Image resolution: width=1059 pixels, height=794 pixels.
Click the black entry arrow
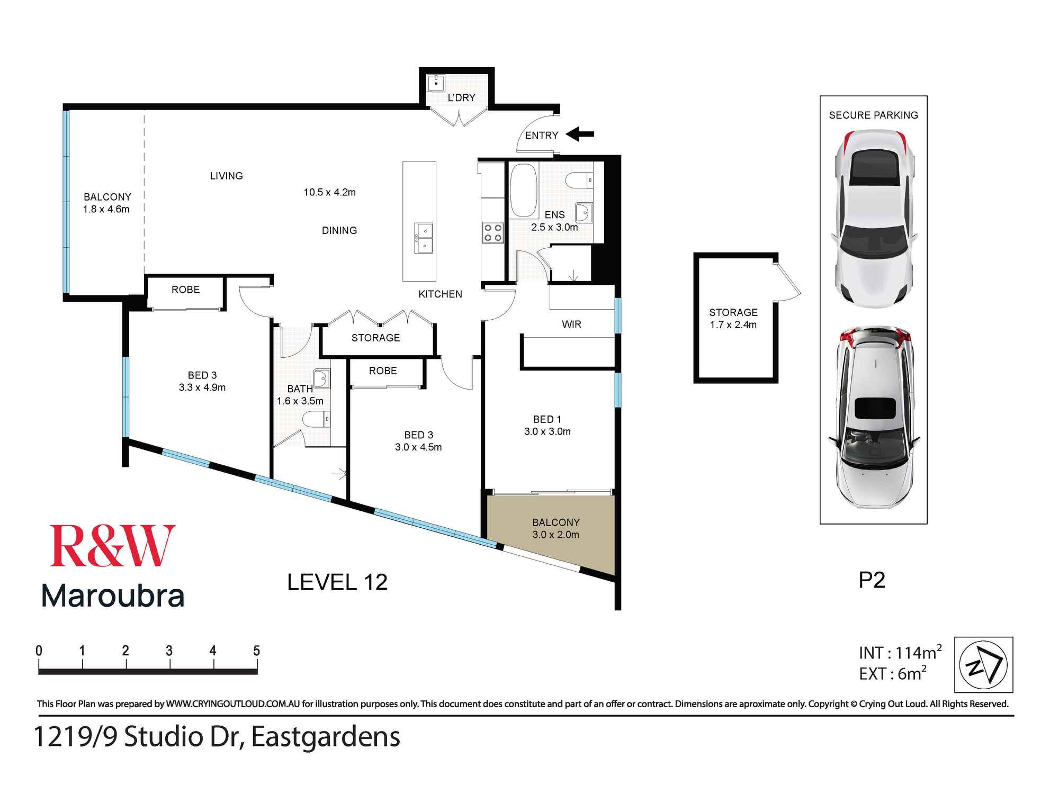click(580, 134)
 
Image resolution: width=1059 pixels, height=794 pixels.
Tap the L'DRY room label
click(461, 98)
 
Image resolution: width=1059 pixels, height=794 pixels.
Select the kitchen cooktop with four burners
click(492, 233)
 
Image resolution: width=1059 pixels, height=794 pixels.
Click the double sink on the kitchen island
click(424, 239)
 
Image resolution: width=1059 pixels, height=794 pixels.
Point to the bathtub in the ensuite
click(523, 190)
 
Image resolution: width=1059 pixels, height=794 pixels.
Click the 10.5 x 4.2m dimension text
click(329, 192)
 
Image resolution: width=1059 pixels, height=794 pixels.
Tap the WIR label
click(571, 324)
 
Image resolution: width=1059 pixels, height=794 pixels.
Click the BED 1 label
click(547, 419)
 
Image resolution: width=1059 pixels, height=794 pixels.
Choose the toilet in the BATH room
click(316, 420)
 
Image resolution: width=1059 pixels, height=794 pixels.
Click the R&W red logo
click(112, 546)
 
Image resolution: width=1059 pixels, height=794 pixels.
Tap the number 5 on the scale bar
click(256, 651)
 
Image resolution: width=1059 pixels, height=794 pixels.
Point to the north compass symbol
click(983, 665)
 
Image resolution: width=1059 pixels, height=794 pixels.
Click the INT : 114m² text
click(900, 653)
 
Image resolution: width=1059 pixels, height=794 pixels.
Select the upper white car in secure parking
click(873, 220)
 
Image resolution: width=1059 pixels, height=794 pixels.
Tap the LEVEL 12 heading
click(337, 582)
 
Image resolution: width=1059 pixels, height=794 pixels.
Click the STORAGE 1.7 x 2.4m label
click(733, 318)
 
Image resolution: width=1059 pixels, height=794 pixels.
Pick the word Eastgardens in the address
click(326, 737)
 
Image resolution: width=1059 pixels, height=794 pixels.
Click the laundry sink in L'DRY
click(436, 83)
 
